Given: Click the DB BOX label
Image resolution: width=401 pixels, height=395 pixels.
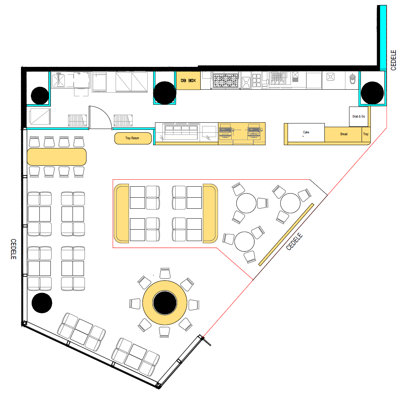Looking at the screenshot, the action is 188,80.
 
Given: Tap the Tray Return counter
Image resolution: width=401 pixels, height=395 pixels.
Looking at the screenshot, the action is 133,138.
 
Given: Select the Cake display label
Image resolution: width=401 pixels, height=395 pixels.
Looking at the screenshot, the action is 306,132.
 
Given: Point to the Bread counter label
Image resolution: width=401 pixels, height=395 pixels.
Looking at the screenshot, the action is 344,134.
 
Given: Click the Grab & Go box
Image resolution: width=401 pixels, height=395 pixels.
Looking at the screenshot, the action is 359,116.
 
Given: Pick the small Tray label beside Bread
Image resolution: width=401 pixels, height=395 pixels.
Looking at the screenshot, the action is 366,134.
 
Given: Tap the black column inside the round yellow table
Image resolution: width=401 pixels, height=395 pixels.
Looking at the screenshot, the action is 165,303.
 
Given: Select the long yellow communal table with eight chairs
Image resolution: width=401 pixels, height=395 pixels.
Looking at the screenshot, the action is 57,157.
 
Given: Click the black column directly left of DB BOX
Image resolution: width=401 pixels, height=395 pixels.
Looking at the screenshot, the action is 165,93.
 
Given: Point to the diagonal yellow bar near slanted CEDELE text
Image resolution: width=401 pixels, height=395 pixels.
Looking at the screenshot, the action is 286,234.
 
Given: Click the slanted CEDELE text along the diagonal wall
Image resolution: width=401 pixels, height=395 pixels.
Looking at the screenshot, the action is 294,241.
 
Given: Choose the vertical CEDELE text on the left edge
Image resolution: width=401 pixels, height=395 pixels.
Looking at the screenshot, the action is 14,249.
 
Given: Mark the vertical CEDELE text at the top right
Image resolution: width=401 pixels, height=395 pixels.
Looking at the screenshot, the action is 393,60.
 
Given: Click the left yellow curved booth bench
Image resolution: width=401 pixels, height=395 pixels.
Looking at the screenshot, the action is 122,213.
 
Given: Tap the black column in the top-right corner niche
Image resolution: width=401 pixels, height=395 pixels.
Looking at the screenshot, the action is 372,93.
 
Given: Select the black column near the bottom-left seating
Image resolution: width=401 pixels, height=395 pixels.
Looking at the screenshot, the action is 42,303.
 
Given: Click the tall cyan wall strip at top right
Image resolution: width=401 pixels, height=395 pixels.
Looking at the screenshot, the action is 383,37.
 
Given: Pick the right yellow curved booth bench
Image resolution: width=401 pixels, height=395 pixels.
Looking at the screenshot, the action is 210,213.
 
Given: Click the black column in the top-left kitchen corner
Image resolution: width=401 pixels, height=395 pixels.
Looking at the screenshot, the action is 40,96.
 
